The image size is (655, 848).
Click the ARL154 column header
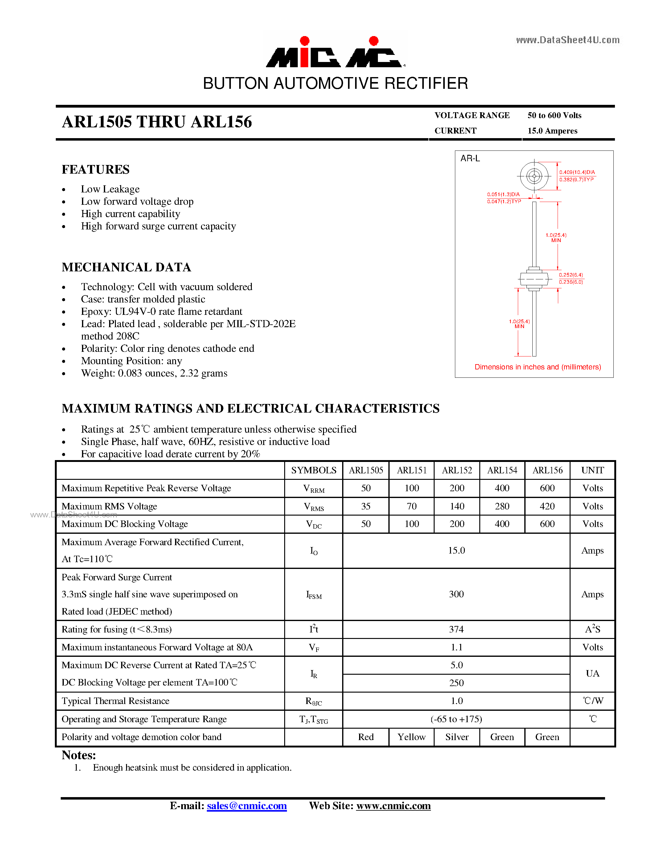pos(502,470)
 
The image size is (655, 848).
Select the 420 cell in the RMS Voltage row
pos(547,506)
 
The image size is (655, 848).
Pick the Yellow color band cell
pos(411,737)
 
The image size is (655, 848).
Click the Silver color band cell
pos(457,737)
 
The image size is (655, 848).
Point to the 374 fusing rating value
pos(456,629)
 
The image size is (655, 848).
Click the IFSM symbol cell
pos(313,595)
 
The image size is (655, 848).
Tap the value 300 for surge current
pos(456,594)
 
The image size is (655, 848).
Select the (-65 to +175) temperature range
pos(456,719)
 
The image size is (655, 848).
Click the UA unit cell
pos(592,674)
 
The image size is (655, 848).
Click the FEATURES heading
pos(96,170)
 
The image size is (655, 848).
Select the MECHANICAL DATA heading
pos(126,268)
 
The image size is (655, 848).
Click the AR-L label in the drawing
pos(470,158)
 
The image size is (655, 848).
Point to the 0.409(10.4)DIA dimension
pos(577,172)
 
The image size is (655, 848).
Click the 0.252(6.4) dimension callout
pos(571,275)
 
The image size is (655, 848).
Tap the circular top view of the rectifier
pos(534,176)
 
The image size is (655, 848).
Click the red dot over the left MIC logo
pos(305,41)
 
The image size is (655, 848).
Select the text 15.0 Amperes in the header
pos(552,131)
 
